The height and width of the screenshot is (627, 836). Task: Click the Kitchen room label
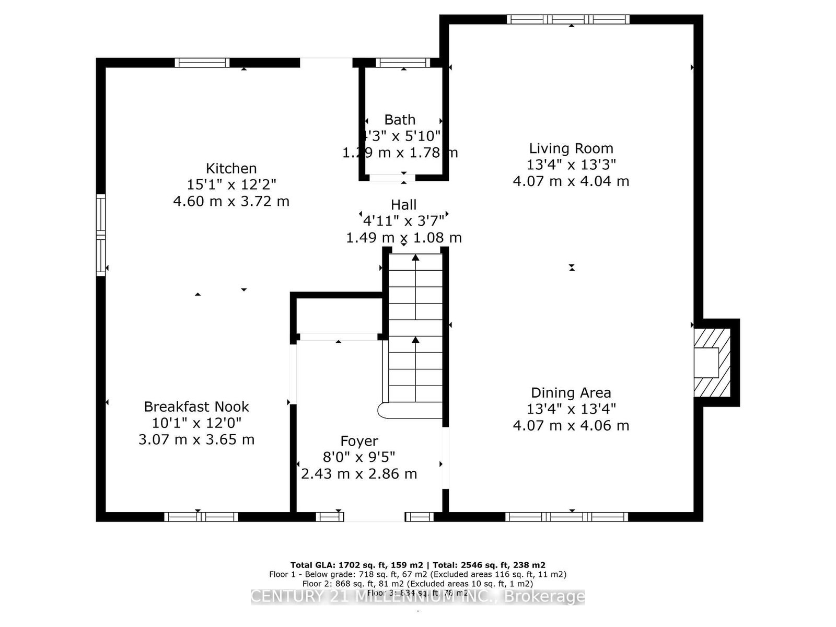(x=231, y=168)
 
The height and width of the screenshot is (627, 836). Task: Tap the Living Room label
(x=571, y=148)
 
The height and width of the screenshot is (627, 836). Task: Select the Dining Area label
(x=571, y=392)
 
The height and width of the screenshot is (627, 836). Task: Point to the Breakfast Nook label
(x=196, y=407)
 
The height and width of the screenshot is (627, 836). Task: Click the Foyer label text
(x=359, y=441)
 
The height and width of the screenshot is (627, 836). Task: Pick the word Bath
(x=400, y=120)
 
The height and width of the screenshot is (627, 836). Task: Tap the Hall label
(x=403, y=205)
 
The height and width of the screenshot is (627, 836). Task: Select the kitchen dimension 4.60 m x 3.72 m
(x=231, y=201)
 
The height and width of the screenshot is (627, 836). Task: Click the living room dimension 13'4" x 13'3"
(x=571, y=165)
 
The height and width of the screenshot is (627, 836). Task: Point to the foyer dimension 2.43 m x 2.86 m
(x=359, y=474)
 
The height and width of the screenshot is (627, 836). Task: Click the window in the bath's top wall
(x=403, y=63)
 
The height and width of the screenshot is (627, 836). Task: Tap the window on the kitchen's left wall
(x=101, y=235)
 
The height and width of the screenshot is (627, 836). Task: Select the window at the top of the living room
(x=568, y=20)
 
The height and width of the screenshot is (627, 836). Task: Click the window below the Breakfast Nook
(x=201, y=517)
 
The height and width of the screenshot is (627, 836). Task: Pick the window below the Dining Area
(x=566, y=517)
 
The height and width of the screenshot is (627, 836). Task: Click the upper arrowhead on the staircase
(x=415, y=258)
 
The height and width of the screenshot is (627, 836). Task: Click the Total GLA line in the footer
(x=417, y=565)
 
